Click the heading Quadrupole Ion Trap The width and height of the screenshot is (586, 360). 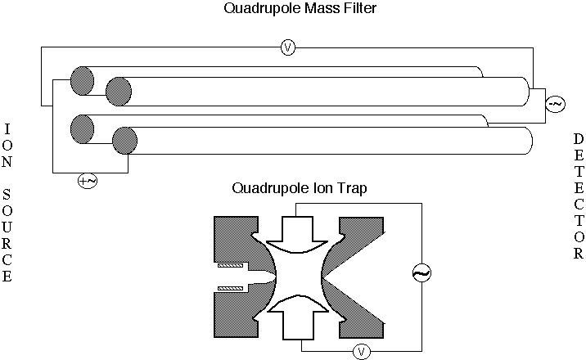(x=300, y=187)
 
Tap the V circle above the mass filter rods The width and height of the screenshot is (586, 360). (x=287, y=47)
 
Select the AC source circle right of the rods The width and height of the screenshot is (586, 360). (x=555, y=104)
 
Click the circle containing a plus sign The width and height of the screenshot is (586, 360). (x=87, y=181)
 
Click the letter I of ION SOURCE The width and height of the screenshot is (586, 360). (x=7, y=129)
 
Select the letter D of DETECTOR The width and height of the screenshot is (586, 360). (x=578, y=138)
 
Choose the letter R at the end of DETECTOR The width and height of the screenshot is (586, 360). (x=578, y=254)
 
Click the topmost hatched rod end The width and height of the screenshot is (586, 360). (x=82, y=79)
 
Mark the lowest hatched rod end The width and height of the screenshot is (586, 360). (x=124, y=142)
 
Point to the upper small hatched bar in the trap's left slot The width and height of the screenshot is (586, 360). (x=232, y=266)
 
